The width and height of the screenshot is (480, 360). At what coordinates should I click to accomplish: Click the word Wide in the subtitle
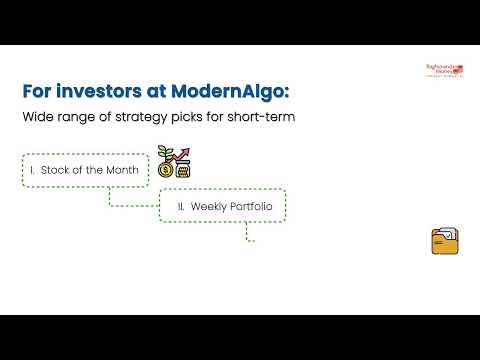(x=37, y=119)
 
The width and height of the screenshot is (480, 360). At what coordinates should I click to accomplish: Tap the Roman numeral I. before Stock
(x=33, y=171)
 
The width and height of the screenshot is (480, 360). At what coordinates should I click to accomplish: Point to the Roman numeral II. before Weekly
(x=180, y=206)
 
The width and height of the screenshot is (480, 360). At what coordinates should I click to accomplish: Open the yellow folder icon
(x=444, y=242)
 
